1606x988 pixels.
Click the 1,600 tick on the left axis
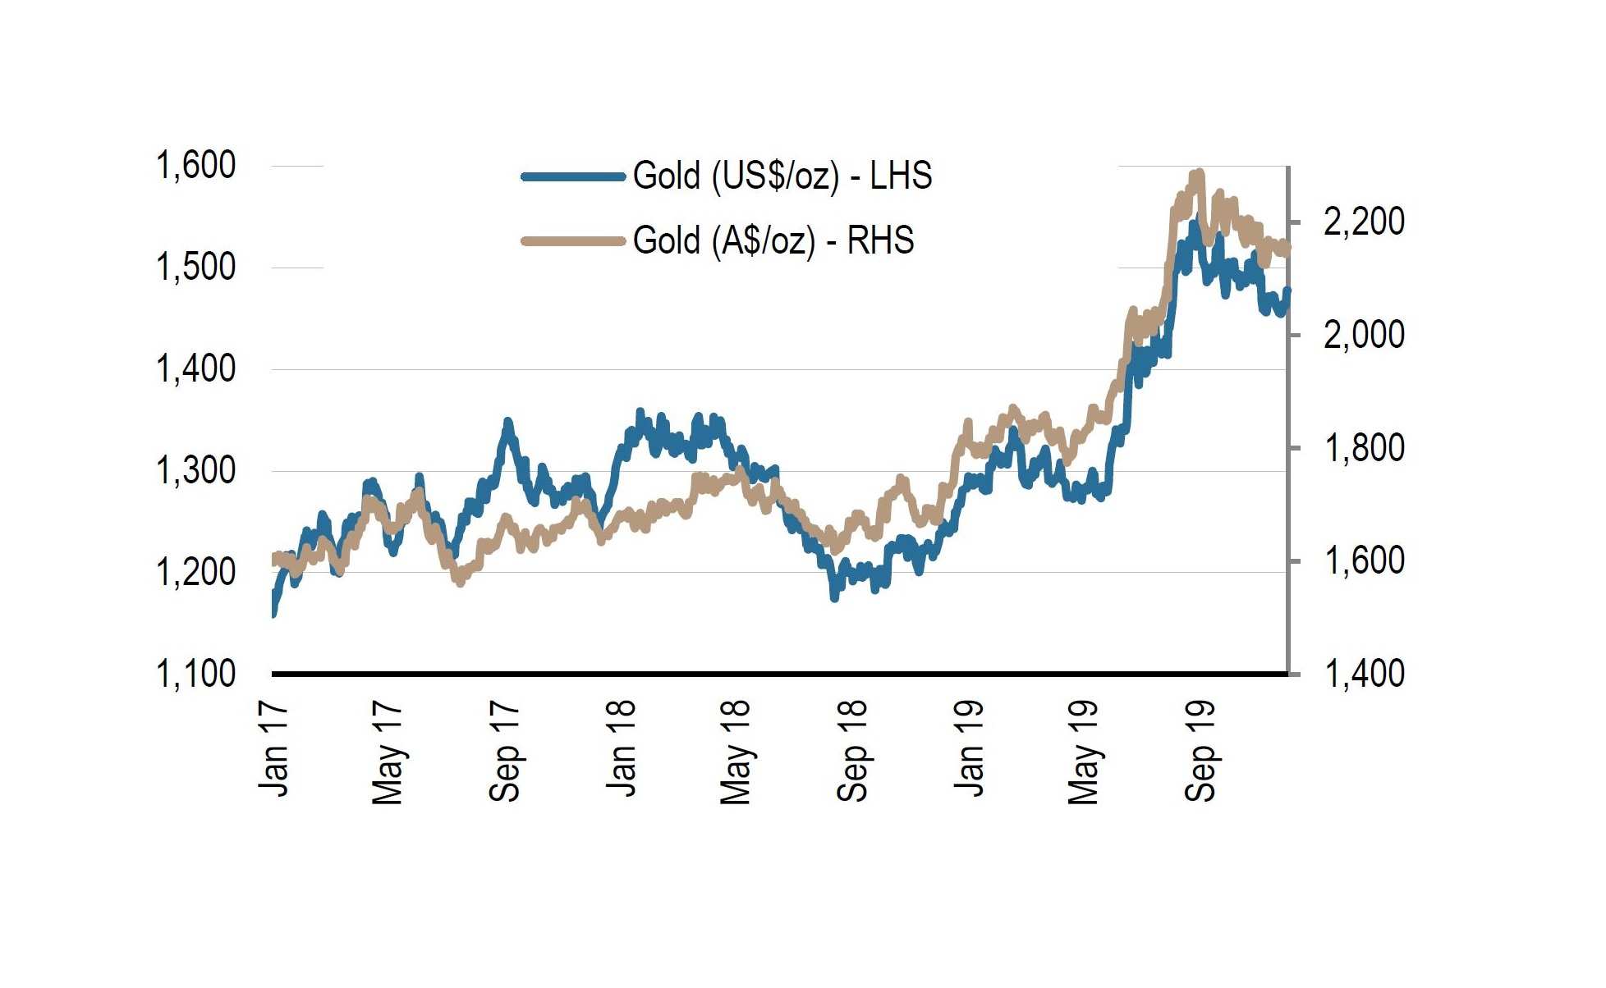click(195, 166)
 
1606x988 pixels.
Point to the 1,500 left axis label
click(195, 268)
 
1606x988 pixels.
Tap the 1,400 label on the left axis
click(195, 369)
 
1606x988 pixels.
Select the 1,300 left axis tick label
click(195, 471)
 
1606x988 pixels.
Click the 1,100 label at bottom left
click(195, 674)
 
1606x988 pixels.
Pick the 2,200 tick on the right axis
click(1364, 222)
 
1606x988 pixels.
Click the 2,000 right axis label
click(1364, 335)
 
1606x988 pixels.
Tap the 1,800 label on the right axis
click(1364, 448)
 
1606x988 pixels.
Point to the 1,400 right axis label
click(1364, 674)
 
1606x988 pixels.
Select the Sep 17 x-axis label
click(505, 751)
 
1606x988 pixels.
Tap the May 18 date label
click(736, 752)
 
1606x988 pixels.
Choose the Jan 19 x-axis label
click(969, 748)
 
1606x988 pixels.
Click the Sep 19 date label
click(1200, 751)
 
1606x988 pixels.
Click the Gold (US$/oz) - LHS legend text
click(782, 176)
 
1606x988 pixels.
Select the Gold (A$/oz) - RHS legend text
click(773, 240)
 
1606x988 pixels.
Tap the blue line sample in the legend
click(573, 176)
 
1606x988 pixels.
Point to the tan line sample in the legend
click(573, 241)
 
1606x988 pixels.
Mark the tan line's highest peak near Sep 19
click(1200, 173)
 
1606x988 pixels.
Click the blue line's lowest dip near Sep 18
click(834, 597)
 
